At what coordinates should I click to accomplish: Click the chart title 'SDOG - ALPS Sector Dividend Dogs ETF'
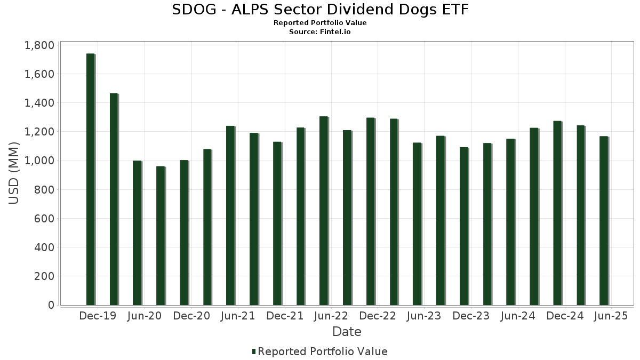[x=320, y=10]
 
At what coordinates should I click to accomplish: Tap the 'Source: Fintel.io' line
[x=320, y=32]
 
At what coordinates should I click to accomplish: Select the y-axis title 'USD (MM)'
[x=14, y=173]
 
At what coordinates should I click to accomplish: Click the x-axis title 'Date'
[x=347, y=332]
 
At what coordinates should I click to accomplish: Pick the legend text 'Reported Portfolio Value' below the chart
[x=323, y=351]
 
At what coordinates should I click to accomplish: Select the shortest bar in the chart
[x=161, y=236]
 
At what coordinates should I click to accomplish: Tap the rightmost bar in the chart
[x=604, y=221]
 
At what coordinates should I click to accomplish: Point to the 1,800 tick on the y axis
[x=39, y=45]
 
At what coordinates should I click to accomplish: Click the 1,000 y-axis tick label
[x=39, y=161]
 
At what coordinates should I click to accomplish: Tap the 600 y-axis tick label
[x=44, y=219]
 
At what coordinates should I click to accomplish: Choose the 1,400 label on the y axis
[x=39, y=103]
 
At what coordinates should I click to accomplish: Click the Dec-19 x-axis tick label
[x=97, y=316]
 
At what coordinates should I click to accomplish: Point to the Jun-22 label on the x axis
[x=331, y=316]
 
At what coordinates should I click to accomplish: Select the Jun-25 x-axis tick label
[x=611, y=316]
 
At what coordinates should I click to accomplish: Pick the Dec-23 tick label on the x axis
[x=471, y=316]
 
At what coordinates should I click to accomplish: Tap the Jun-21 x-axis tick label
[x=238, y=316]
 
